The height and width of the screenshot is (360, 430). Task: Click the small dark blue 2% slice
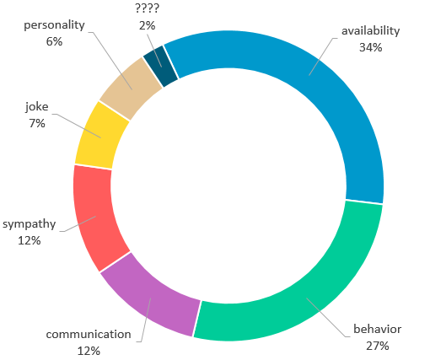161,66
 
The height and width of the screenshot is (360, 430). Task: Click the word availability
370,31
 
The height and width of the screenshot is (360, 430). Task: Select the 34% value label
370,47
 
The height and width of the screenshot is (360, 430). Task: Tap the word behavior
377,329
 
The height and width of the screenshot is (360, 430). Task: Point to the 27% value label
377,346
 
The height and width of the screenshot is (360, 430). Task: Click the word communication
89,335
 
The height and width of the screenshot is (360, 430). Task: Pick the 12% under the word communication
89,351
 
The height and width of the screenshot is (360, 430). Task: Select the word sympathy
30,224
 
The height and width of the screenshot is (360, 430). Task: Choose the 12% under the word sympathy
30,240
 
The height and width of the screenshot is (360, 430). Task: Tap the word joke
37,107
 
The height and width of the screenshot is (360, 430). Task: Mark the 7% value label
37,123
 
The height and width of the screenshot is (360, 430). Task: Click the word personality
54,25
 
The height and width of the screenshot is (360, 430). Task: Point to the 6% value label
54,41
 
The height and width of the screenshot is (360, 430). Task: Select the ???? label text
148,8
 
